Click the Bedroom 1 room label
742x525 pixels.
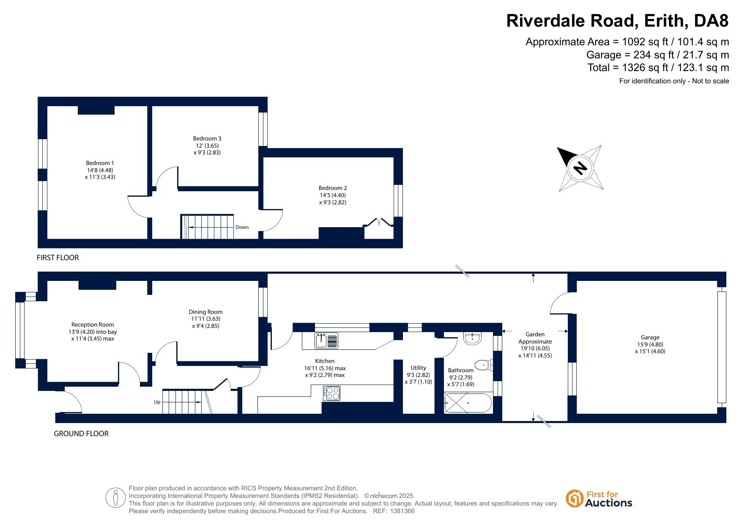point(100,163)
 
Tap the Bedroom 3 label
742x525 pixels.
point(207,138)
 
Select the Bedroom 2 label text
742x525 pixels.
point(333,188)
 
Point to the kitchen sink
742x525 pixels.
point(326,341)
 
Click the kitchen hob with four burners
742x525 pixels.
point(331,393)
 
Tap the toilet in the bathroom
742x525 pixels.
point(484,365)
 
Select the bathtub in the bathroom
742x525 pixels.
point(468,403)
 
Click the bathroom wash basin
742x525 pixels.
point(472,338)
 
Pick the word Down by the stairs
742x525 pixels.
point(242,227)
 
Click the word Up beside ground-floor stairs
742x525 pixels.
point(157,402)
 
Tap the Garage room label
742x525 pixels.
point(650,337)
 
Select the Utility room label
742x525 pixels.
point(419,368)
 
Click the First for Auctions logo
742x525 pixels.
point(599,499)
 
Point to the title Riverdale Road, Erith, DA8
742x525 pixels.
point(618,21)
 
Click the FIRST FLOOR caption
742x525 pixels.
point(58,258)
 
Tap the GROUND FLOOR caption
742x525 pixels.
point(81,434)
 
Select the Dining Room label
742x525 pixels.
point(206,312)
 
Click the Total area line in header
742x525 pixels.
point(658,68)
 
